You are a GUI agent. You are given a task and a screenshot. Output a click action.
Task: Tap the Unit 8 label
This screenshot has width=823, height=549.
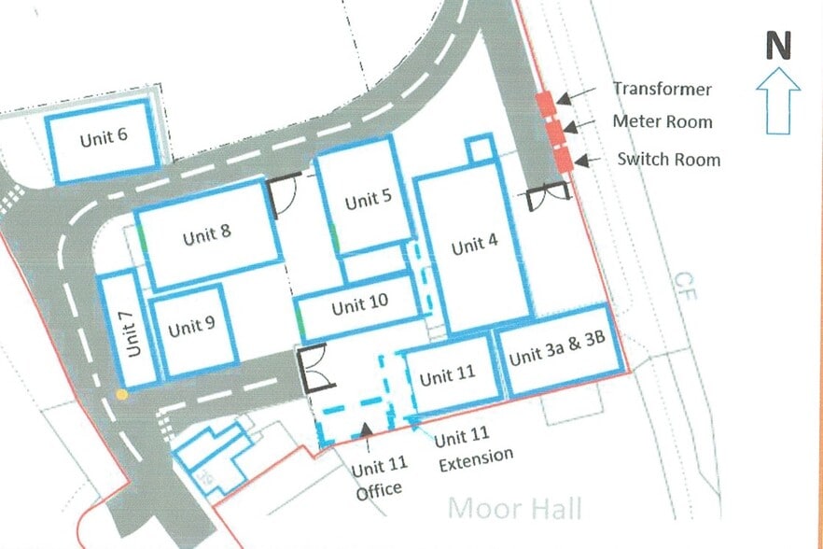tap(206, 235)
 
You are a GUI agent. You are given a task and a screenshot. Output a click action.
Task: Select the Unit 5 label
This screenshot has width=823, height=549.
tap(362, 200)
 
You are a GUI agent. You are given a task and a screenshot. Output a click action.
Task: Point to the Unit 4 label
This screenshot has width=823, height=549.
tap(474, 246)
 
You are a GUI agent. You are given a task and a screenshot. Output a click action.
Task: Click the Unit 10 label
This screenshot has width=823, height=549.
tap(359, 306)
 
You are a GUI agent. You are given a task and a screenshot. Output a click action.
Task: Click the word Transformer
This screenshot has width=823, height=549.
tap(662, 90)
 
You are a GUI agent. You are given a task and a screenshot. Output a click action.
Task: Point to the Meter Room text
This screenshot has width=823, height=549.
tap(662, 121)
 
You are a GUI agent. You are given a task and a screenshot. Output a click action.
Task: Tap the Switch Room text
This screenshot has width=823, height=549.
tap(668, 159)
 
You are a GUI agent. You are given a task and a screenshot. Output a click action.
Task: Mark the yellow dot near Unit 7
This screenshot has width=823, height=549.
tap(121, 395)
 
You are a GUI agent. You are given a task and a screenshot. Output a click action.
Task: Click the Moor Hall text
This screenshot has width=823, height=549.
tap(515, 508)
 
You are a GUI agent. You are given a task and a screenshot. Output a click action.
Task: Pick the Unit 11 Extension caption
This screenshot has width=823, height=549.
tap(474, 446)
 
